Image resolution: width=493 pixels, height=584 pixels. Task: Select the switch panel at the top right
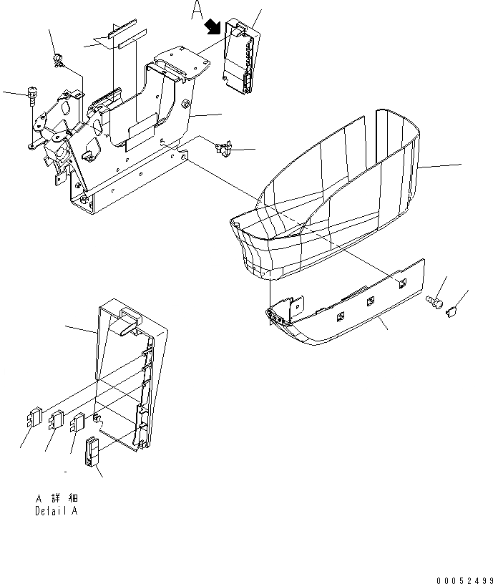pyautogui.click(x=239, y=57)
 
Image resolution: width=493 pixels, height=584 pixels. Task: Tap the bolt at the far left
pyautogui.click(x=31, y=93)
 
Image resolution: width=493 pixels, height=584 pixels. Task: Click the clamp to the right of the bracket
pyautogui.click(x=223, y=149)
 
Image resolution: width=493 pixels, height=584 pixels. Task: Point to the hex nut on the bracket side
pyautogui.click(x=186, y=105)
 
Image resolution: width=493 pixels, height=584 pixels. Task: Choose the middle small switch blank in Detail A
pyautogui.click(x=56, y=420)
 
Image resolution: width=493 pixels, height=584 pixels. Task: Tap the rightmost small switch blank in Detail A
pyautogui.click(x=77, y=424)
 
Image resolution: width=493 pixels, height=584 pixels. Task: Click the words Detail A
pyautogui.click(x=56, y=511)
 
